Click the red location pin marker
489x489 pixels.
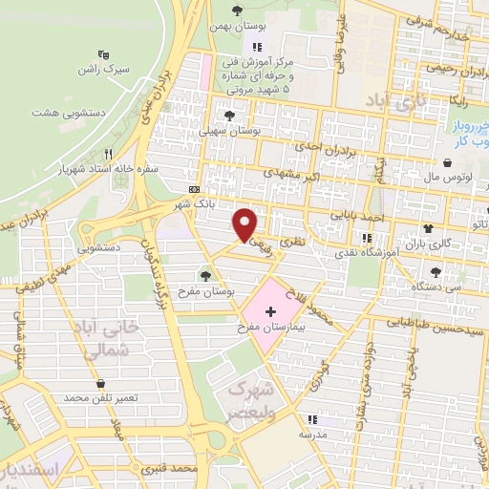point(246,223)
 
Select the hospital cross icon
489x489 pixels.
point(270,311)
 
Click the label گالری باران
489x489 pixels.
point(426,244)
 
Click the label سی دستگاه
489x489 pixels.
point(436,286)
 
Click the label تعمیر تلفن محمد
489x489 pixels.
point(102,396)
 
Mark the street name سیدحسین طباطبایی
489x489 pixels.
point(428,328)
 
